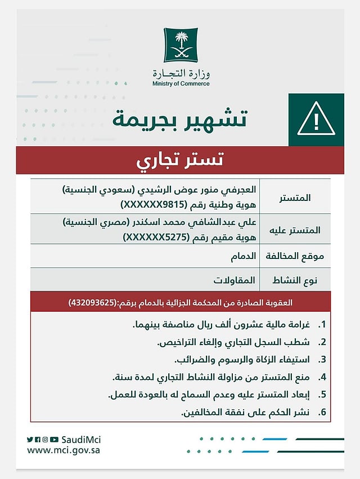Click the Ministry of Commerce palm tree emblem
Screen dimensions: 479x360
coord(181,46)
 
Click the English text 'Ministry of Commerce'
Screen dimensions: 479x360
coord(181,84)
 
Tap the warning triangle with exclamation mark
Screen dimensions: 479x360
coord(316,119)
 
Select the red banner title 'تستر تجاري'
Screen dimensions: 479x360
coord(180,160)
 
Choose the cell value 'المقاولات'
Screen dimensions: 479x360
coord(234,280)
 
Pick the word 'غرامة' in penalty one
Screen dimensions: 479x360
coord(298,325)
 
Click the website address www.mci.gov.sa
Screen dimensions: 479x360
coord(64,450)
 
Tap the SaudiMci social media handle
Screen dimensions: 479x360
coord(81,439)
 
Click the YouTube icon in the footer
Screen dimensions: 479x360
coord(54,440)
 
